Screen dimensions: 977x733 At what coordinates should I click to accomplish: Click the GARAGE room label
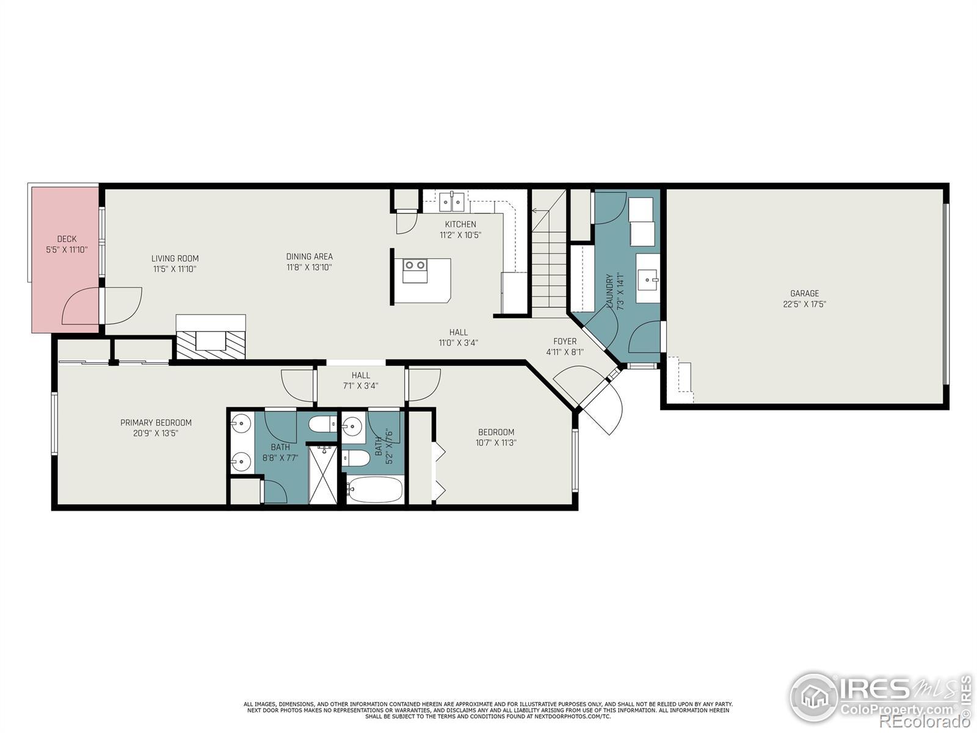click(x=804, y=293)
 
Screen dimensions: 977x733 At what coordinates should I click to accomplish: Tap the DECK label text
click(x=67, y=239)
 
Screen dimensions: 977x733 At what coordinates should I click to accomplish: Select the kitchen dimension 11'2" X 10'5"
click(x=460, y=235)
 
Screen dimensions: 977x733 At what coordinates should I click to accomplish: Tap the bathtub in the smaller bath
click(x=374, y=490)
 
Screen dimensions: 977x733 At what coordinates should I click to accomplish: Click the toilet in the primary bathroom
click(x=322, y=424)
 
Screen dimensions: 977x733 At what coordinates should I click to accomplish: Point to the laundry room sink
click(x=648, y=279)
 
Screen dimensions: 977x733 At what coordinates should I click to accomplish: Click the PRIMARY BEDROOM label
click(x=156, y=422)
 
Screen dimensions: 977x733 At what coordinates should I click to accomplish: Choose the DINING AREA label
click(x=310, y=257)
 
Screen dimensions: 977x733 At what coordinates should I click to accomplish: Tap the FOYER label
click(x=565, y=341)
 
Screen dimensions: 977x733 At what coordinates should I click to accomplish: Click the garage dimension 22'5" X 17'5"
click(x=804, y=304)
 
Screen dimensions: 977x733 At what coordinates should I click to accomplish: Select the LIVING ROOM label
click(x=175, y=258)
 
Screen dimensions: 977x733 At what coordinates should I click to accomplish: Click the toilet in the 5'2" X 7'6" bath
click(x=355, y=458)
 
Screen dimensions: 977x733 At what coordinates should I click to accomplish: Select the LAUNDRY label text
click(x=610, y=291)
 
